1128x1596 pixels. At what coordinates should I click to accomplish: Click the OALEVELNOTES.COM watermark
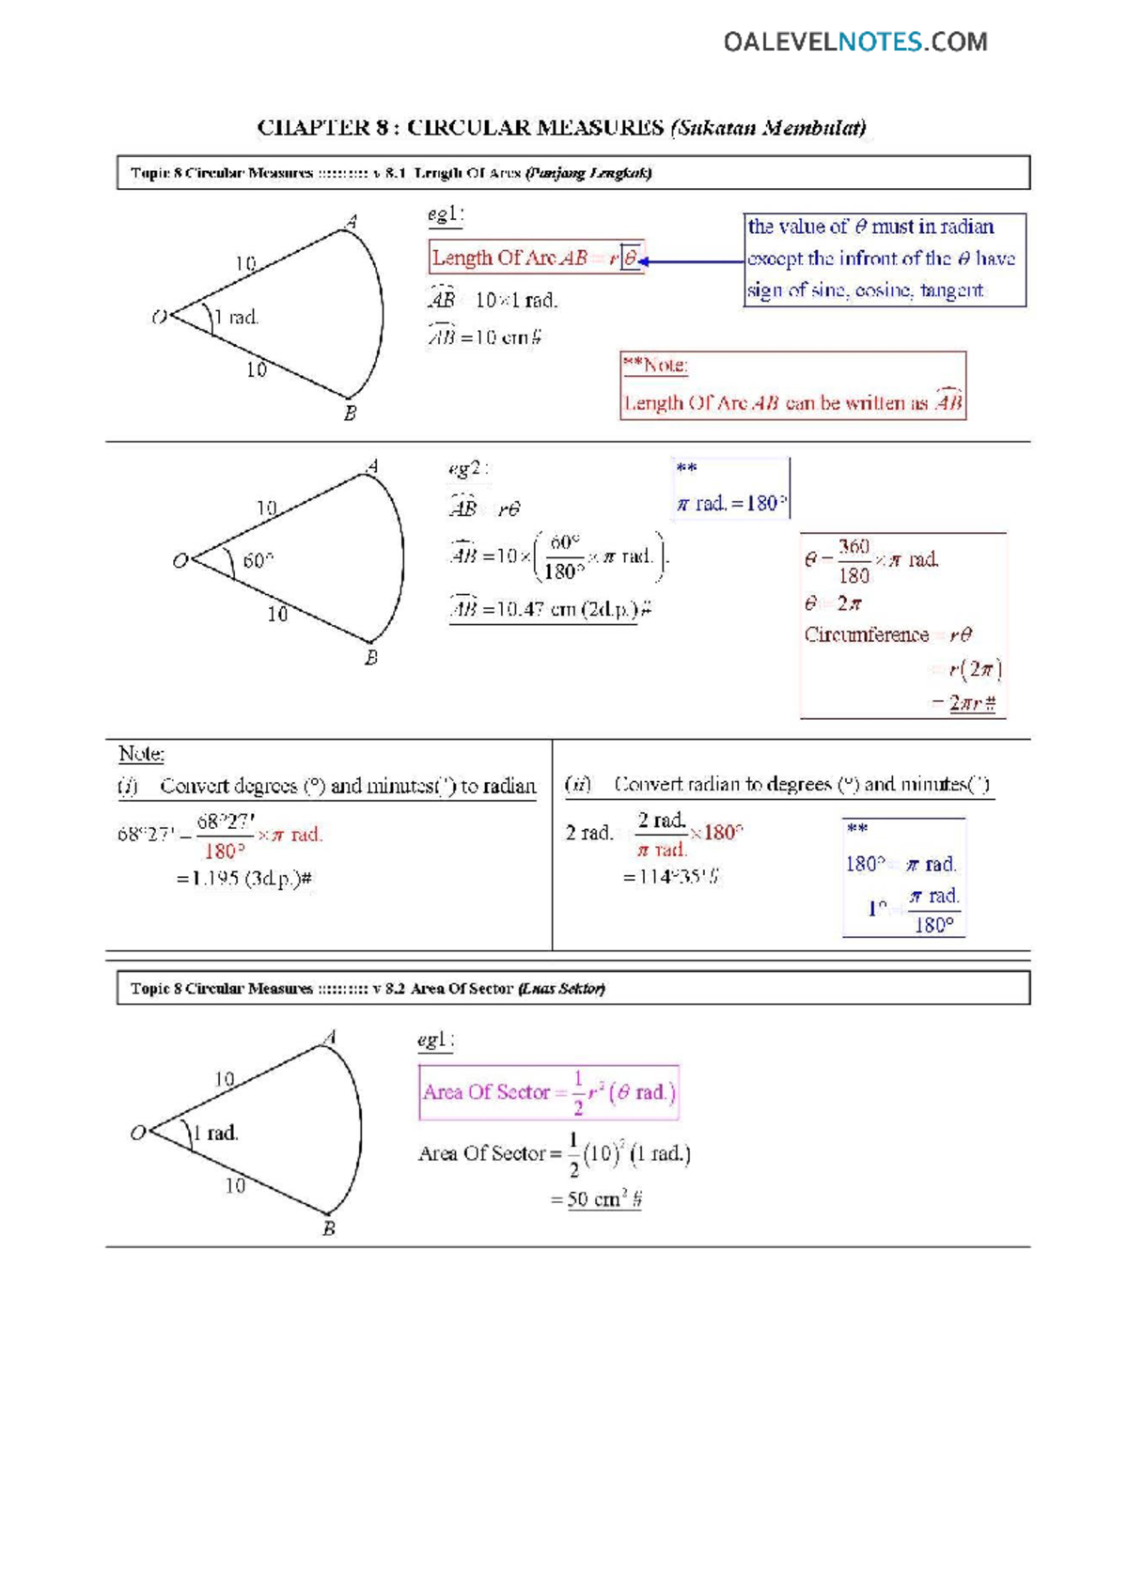[854, 41]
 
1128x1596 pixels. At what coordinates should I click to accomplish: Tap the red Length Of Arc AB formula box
[536, 258]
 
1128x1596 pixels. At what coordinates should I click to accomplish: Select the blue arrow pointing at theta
[691, 261]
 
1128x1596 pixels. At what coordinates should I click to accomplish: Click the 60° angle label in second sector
[258, 561]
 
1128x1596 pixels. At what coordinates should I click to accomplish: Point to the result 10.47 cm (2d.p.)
[550, 609]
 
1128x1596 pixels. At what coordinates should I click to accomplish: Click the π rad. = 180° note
[731, 503]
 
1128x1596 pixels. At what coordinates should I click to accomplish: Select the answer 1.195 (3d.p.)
[244, 878]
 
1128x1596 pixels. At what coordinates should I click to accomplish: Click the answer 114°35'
[669, 876]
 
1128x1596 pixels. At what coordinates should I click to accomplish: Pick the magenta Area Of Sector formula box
[548, 1092]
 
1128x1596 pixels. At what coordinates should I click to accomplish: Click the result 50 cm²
[603, 1199]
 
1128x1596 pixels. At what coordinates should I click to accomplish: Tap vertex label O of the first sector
[160, 318]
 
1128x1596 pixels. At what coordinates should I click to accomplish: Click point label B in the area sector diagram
[328, 1228]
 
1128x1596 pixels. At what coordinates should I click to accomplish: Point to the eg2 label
[467, 468]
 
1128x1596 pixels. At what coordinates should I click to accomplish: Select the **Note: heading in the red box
[655, 366]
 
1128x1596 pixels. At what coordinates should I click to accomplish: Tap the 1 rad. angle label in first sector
[237, 318]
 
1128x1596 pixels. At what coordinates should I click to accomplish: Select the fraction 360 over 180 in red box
[854, 561]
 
